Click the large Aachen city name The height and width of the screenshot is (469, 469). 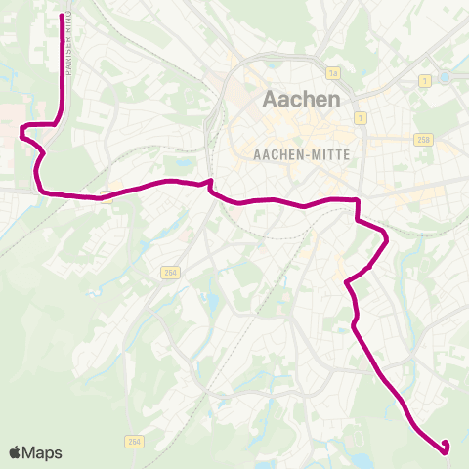coord(302,100)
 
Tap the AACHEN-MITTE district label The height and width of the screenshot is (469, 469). coord(301,154)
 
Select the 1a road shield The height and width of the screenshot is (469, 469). coord(333,73)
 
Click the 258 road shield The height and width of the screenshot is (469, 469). coord(422,139)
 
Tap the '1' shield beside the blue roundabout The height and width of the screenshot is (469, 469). coord(426,80)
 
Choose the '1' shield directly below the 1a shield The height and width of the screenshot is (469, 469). coord(361,118)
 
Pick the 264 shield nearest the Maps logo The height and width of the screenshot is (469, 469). coord(133,442)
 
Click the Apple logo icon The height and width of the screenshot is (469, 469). coord(15,452)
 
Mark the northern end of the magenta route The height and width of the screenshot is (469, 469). coord(64,17)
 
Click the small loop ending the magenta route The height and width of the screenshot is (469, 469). coord(446,448)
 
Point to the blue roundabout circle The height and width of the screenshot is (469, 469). coord(445,77)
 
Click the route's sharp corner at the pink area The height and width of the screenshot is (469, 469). coord(24,125)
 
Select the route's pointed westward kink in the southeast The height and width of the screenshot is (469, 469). coord(348,281)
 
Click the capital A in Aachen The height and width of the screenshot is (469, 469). coord(271,100)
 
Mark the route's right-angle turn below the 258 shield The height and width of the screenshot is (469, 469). coord(358,200)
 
